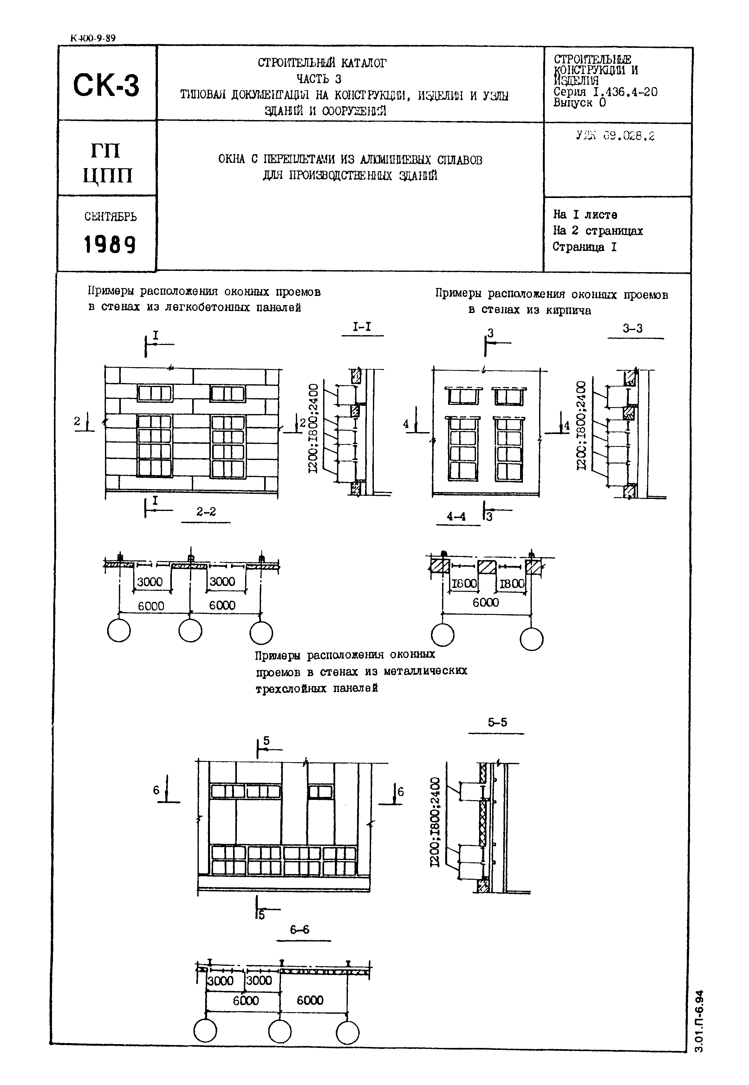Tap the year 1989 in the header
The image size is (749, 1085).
point(110,244)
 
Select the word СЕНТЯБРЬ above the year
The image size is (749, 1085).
point(110,217)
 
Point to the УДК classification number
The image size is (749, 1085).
point(615,136)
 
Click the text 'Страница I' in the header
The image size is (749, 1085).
point(584,247)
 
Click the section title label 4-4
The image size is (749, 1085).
point(456,516)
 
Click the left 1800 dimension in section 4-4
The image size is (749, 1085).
point(464,584)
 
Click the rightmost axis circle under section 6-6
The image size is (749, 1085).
point(348,1032)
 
